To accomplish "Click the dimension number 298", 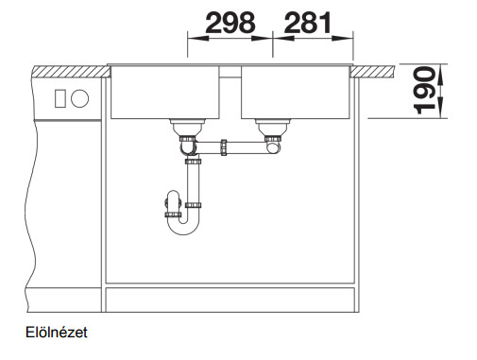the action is pyautogui.click(x=230, y=23).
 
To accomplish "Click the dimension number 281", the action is pyautogui.click(x=308, y=23).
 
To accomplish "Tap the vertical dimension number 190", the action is pyautogui.click(x=424, y=90).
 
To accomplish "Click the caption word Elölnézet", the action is pyautogui.click(x=57, y=333).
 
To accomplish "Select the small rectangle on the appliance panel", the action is pyautogui.click(x=60, y=98).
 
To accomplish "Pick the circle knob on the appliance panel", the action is pyautogui.click(x=80, y=98).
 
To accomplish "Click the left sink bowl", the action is pyautogui.click(x=164, y=92).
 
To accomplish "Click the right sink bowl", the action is pyautogui.click(x=296, y=92).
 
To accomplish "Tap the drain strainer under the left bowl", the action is pyautogui.click(x=187, y=128).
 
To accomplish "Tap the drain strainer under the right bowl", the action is pyautogui.click(x=273, y=128).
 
